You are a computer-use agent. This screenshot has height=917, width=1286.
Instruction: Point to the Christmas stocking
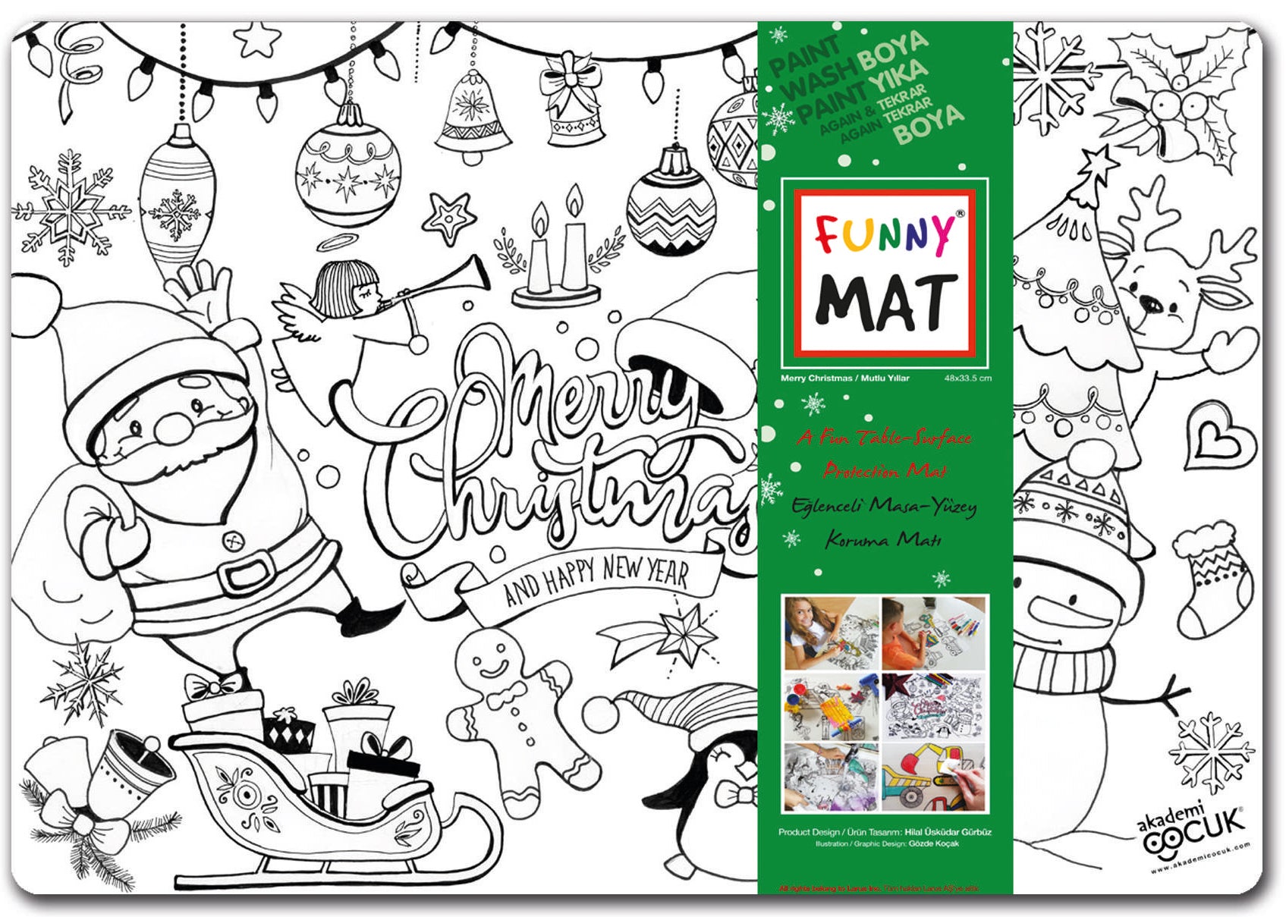coord(1212,576)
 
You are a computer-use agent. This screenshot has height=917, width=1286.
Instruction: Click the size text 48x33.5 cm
coord(967,378)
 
